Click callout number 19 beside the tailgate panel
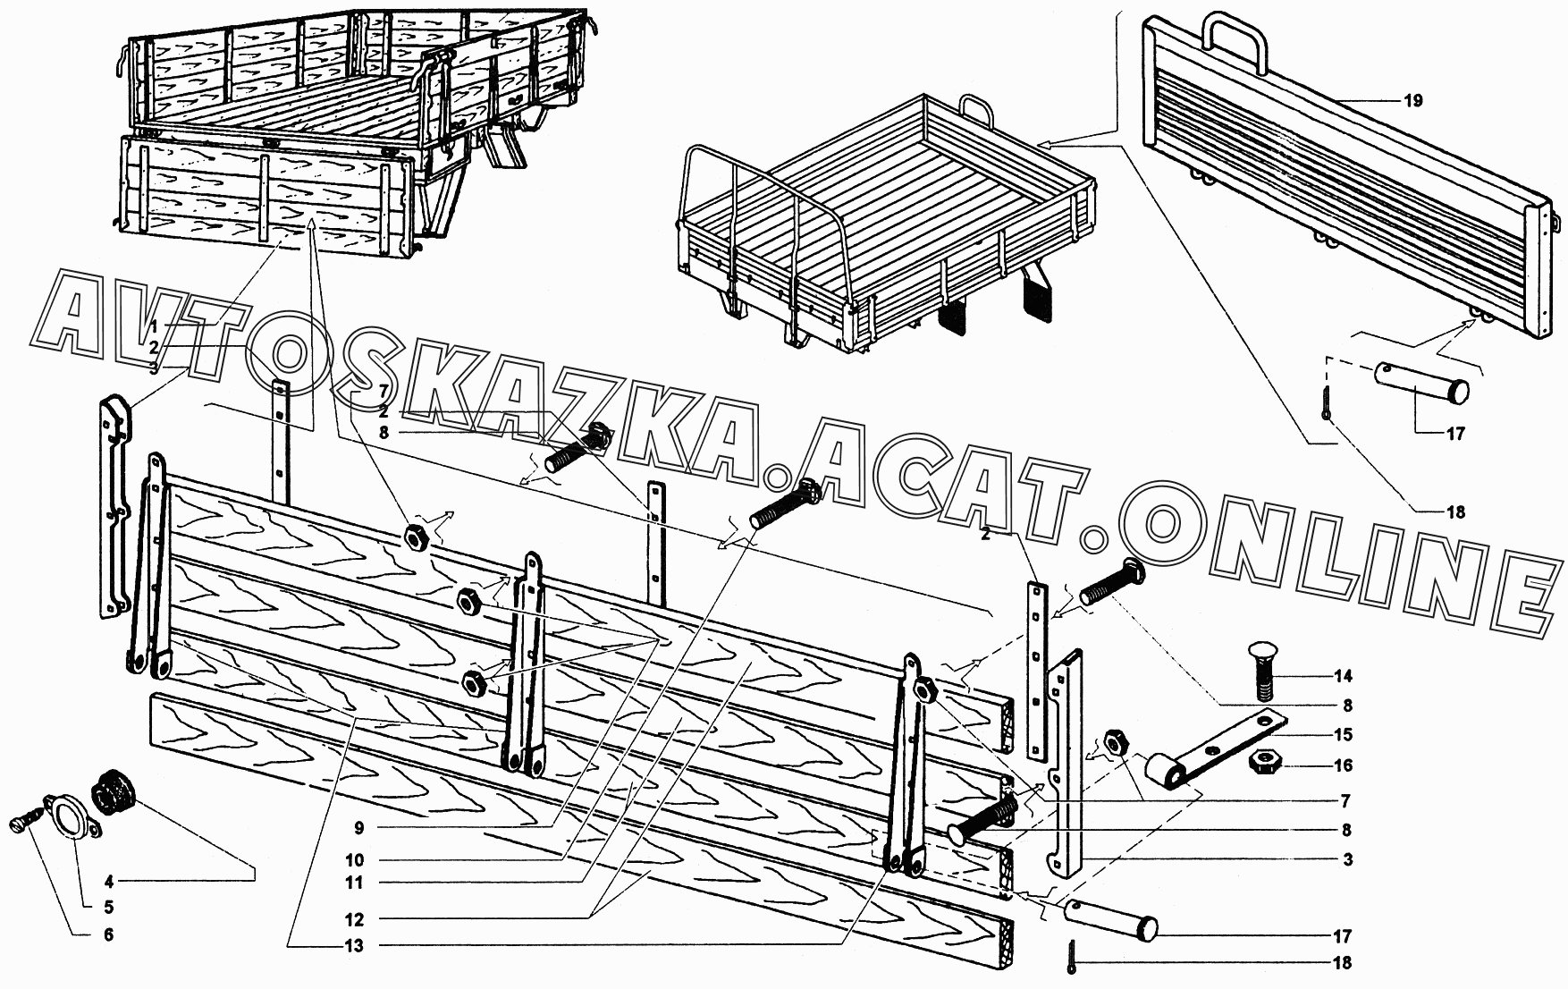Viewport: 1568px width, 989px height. (x=1412, y=101)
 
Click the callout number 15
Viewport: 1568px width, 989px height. (x=1343, y=735)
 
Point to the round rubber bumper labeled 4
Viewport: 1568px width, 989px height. (x=114, y=791)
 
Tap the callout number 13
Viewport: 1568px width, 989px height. (x=354, y=946)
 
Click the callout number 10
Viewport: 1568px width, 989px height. (x=354, y=861)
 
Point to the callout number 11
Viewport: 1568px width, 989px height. (x=354, y=883)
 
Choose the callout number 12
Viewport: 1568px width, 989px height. (x=354, y=919)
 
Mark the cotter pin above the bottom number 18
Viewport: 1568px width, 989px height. (x=1072, y=954)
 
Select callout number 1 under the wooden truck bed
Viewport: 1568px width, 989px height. (x=154, y=325)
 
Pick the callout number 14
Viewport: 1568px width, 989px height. (x=1343, y=675)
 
